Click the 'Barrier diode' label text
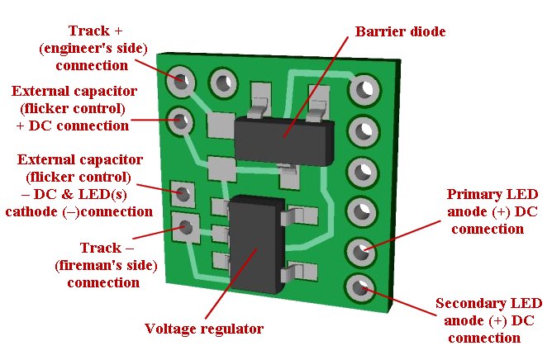[400, 32]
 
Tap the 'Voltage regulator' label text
[204, 329]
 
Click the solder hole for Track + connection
[182, 81]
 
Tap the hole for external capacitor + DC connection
[182, 121]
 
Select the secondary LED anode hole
[359, 287]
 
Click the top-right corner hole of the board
[363, 88]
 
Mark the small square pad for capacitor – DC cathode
[182, 192]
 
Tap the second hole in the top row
[222, 81]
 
